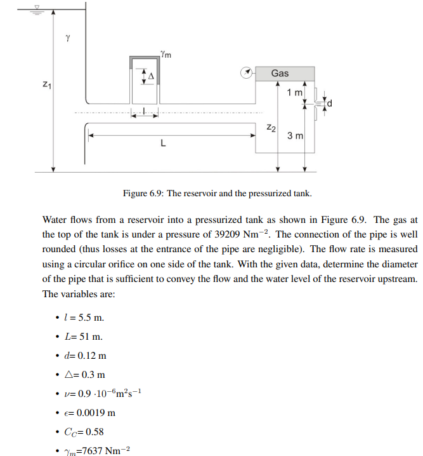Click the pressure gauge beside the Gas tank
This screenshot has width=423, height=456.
tap(245, 73)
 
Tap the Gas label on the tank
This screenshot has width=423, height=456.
tap(280, 74)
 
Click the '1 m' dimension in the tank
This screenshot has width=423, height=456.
tap(294, 93)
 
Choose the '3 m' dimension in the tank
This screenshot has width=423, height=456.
tap(295, 136)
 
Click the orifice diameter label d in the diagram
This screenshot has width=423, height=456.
tap(329, 104)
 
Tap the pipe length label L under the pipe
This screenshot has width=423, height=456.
tap(164, 144)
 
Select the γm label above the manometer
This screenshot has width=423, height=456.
tap(166, 55)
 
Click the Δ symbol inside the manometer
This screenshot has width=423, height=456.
tap(151, 76)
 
